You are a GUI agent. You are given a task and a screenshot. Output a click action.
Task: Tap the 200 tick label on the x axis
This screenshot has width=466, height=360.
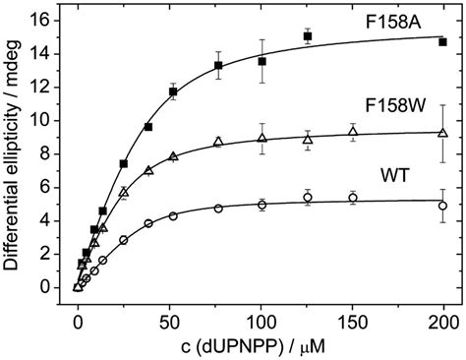point(443,315)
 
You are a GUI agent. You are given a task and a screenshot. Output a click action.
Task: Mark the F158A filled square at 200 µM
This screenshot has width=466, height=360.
point(443,42)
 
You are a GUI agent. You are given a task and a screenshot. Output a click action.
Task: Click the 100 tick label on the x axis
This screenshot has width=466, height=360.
point(261,315)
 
